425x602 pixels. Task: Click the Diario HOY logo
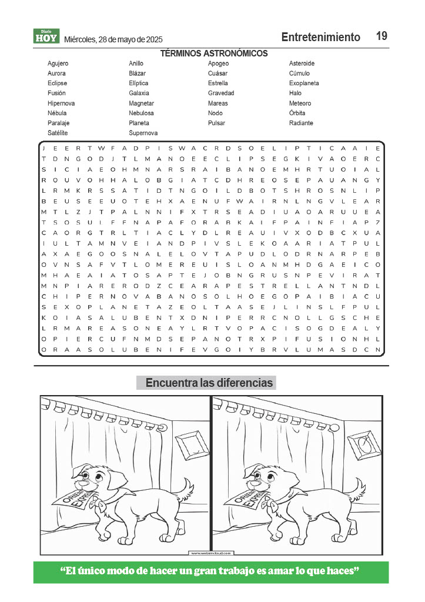[x=46, y=36]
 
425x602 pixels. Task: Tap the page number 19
[x=382, y=36]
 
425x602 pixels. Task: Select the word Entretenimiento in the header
[x=320, y=37]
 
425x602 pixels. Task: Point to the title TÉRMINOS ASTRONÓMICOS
[x=214, y=53]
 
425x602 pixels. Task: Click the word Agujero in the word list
[x=58, y=63]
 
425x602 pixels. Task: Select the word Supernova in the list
[x=143, y=133]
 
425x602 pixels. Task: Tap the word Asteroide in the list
[x=302, y=63]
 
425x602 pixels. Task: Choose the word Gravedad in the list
[x=221, y=93]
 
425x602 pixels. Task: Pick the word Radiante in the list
[x=301, y=123]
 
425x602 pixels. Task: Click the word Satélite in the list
[x=58, y=133]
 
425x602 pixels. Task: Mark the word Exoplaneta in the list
[x=304, y=83]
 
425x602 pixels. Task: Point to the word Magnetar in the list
[x=141, y=103]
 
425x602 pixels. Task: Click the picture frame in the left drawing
[x=190, y=444]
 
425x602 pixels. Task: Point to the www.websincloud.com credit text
[x=211, y=553]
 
